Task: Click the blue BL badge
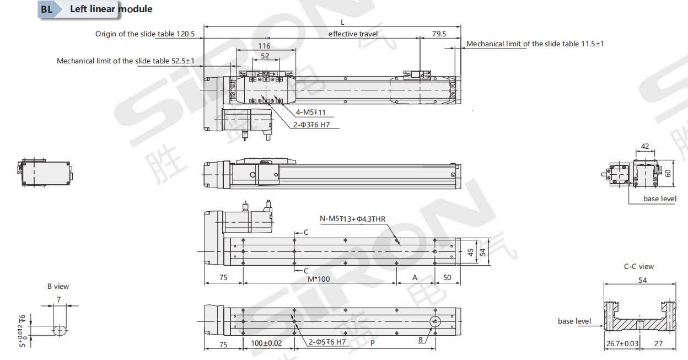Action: [47, 9]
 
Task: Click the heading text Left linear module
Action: [111, 9]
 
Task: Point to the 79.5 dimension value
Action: [439, 34]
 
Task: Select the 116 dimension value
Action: [264, 46]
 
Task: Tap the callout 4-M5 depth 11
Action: [310, 112]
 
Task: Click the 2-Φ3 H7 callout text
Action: [311, 125]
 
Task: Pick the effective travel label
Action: [353, 34]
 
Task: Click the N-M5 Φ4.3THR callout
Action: [353, 219]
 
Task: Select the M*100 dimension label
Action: [319, 279]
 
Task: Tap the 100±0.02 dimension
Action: [266, 343]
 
